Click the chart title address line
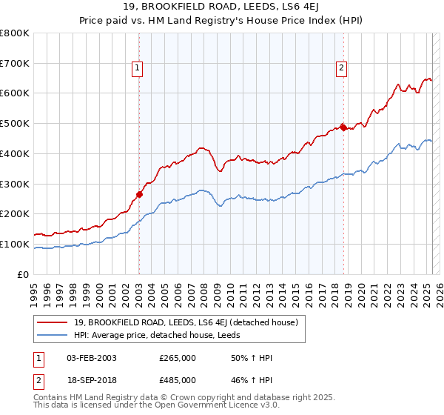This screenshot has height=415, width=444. pyautogui.click(x=222, y=7)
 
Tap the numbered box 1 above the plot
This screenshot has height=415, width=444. pyautogui.click(x=138, y=69)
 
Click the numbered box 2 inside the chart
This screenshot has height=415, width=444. pyautogui.click(x=341, y=69)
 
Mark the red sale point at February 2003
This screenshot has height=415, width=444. pyautogui.click(x=139, y=195)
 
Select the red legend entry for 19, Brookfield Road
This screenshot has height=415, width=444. pyautogui.click(x=185, y=322)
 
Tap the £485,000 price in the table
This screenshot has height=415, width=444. pyautogui.click(x=178, y=380)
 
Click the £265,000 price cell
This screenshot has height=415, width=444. pyautogui.click(x=178, y=358)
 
